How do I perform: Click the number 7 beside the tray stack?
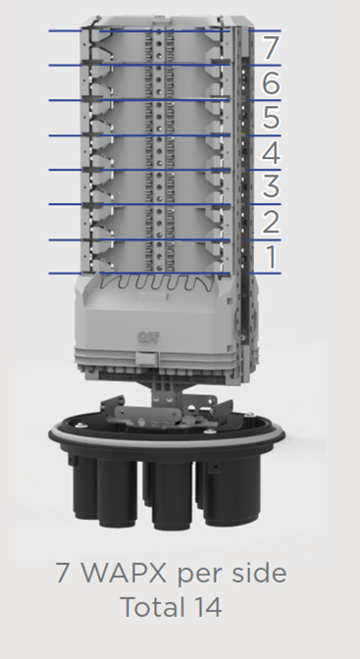(x=270, y=48)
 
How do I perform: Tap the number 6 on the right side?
(x=271, y=82)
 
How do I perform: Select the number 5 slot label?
(x=271, y=118)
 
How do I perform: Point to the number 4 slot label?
(x=271, y=153)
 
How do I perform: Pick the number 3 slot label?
(x=271, y=187)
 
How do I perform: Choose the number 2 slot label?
(x=271, y=222)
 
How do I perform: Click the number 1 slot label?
(x=272, y=257)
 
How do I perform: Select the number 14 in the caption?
(x=208, y=607)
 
